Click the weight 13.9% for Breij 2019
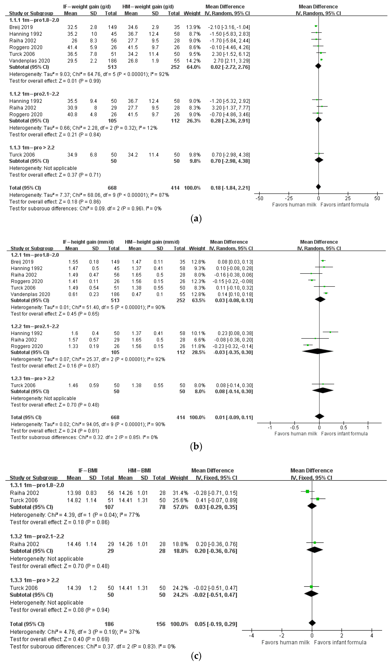click(195, 27)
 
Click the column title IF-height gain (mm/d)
click(88, 242)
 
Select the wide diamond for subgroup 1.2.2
click(318, 351)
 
